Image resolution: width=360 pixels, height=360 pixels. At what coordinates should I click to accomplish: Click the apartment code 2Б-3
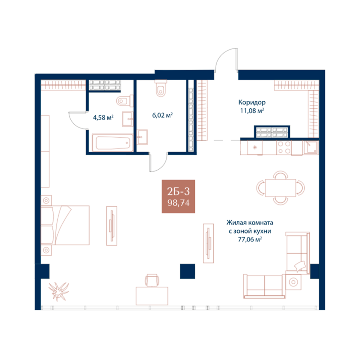click(179, 191)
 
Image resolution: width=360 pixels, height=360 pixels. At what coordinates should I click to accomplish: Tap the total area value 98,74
click(179, 203)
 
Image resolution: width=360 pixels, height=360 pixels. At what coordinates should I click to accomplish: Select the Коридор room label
click(252, 102)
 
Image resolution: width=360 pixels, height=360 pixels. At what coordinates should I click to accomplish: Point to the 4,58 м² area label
click(103, 118)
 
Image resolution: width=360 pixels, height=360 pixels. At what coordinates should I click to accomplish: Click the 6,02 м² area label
click(162, 115)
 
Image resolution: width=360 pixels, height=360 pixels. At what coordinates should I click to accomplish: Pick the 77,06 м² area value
click(250, 240)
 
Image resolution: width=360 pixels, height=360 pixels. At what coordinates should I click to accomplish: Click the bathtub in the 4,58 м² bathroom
click(112, 143)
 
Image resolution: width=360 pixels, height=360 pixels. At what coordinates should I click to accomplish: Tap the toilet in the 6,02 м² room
click(161, 88)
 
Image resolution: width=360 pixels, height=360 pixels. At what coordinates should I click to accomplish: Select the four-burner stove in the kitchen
click(284, 147)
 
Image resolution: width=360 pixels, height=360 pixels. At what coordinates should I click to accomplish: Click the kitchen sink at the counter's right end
click(311, 147)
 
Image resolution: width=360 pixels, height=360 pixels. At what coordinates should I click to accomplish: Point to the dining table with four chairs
click(280, 188)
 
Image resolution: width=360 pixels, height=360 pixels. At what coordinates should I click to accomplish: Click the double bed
click(65, 225)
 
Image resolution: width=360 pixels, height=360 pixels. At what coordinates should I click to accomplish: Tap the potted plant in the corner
click(59, 291)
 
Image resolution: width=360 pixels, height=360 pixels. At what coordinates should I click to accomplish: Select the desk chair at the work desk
click(152, 280)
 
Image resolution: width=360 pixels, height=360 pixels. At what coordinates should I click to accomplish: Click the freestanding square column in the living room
click(187, 271)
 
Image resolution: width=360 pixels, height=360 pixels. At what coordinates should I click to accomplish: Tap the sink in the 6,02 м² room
click(142, 137)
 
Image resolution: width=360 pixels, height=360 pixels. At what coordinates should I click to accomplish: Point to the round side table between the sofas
click(293, 282)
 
